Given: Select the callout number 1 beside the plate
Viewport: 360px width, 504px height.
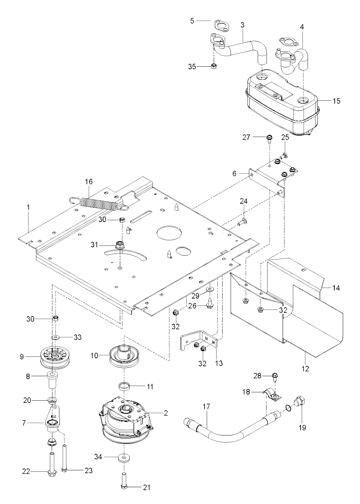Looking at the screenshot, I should click(28, 208).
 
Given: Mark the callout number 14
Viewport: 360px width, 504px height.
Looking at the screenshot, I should click(336, 288).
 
